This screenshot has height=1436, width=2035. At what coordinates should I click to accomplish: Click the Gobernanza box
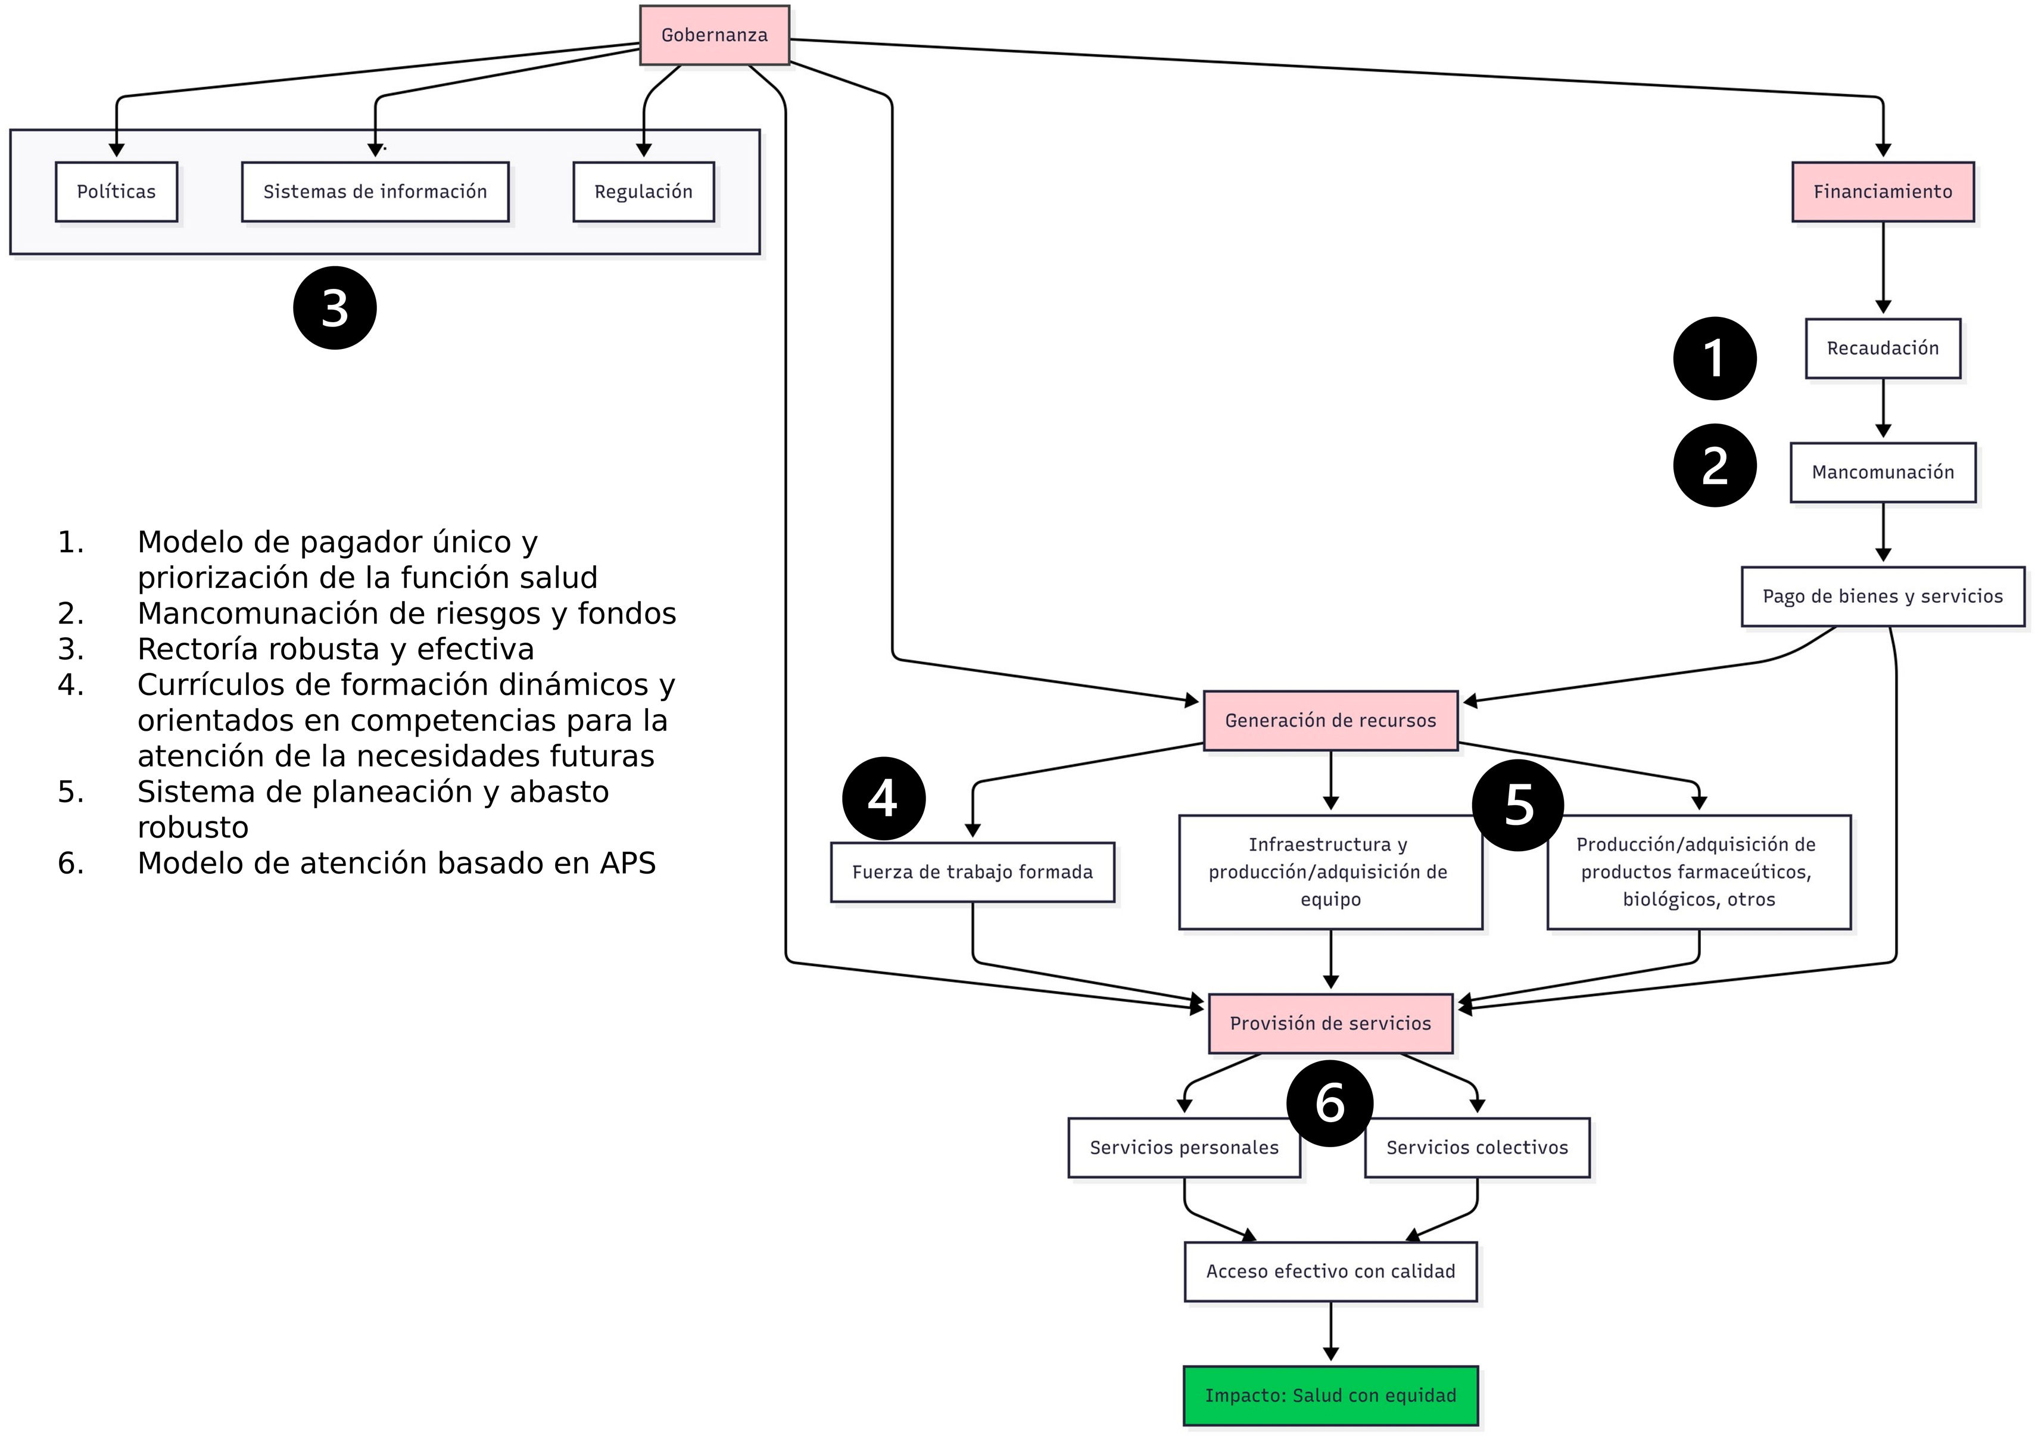tap(715, 36)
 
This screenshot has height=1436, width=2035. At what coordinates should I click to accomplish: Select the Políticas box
tap(116, 191)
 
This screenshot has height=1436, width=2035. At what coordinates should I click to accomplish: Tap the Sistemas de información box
tap(375, 191)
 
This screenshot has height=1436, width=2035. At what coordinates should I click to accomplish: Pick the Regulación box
tap(643, 191)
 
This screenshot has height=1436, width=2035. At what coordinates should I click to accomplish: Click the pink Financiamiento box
tap(1883, 191)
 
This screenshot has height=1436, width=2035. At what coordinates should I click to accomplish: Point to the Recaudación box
tap(1883, 348)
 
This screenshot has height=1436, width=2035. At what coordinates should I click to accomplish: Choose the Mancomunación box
tap(1883, 472)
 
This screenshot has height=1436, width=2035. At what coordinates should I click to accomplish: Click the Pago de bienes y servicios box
tap(1883, 597)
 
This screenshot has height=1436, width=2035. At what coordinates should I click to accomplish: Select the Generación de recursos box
tap(1330, 721)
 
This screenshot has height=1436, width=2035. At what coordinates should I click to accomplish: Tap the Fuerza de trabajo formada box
tap(973, 872)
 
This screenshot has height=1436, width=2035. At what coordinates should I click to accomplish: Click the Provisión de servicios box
tap(1330, 1024)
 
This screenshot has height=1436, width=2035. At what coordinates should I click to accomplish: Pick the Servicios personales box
tap(1184, 1148)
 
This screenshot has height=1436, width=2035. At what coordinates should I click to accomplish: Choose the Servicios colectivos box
tap(1478, 1148)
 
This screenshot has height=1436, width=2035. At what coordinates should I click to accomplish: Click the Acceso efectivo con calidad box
tap(1330, 1272)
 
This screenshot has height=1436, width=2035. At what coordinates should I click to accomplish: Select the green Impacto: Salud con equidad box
tap(1330, 1396)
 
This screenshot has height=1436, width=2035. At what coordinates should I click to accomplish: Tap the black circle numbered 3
tap(335, 307)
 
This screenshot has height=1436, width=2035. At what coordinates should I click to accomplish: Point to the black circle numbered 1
tap(1715, 358)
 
